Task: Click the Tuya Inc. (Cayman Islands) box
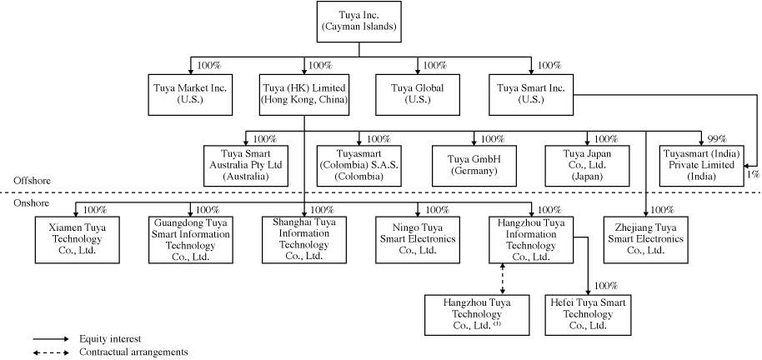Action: pyautogui.click(x=358, y=22)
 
